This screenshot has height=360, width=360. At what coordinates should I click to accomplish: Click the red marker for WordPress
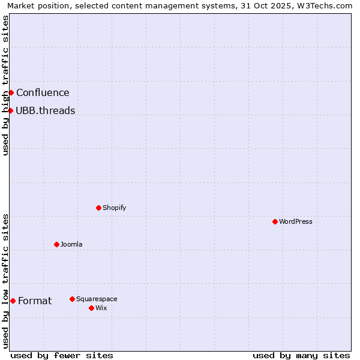(275, 221)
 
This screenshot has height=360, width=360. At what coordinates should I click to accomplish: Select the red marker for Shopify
(99, 208)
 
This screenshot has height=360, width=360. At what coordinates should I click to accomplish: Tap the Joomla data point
(57, 244)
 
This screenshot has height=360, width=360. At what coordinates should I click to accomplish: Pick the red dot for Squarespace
(73, 299)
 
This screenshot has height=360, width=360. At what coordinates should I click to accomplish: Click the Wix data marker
(92, 308)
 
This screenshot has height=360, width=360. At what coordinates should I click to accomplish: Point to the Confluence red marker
(11, 92)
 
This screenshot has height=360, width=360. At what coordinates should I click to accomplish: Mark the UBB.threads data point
(11, 110)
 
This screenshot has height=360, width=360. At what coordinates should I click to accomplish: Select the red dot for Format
(13, 301)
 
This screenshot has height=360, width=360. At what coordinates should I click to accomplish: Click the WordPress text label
(296, 221)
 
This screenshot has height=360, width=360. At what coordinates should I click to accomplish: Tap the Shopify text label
(114, 208)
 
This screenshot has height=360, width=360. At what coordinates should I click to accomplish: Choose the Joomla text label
(71, 244)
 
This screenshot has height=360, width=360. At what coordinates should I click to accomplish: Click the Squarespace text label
(97, 299)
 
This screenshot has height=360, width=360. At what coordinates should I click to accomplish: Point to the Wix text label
(101, 308)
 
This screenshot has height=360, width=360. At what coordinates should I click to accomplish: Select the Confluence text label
(43, 92)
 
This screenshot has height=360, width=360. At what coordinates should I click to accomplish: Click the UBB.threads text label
(46, 110)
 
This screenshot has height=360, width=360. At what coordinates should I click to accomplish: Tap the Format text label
(35, 301)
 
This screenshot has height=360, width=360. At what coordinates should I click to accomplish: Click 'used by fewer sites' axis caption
(62, 355)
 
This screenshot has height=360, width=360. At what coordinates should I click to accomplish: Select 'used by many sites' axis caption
(301, 355)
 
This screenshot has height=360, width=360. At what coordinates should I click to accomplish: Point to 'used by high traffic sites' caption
(5, 85)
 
